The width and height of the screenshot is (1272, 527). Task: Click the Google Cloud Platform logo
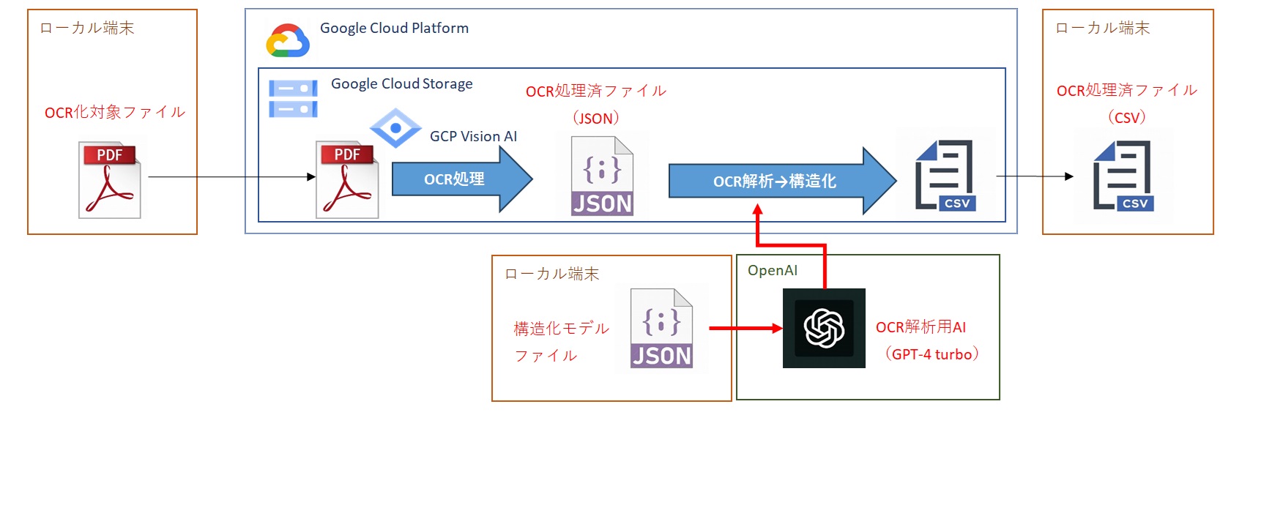[x=287, y=40]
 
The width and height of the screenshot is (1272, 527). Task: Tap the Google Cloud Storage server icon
[x=293, y=99]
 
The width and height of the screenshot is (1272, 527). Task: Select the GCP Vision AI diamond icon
[x=395, y=128]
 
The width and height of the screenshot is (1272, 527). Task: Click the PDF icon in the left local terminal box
[x=110, y=180]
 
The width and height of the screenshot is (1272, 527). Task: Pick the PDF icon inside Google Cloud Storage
[x=347, y=180]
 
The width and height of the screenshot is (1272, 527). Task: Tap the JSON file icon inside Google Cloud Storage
[x=602, y=176]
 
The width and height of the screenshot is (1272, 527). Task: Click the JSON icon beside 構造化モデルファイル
[x=662, y=328]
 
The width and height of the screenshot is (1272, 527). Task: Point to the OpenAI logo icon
[x=824, y=328]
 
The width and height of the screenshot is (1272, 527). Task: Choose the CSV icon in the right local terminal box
[x=1123, y=176]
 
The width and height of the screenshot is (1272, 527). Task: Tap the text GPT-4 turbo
[x=931, y=354]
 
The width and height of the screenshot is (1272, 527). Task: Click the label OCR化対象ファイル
[x=115, y=112]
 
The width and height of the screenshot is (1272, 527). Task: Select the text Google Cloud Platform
[x=394, y=28]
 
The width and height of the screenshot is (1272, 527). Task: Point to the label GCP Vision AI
[x=473, y=136]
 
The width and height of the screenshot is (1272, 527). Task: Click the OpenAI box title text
[x=772, y=270]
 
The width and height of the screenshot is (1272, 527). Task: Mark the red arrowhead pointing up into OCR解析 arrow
[x=758, y=210]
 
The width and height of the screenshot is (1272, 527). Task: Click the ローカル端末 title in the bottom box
[x=551, y=274]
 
